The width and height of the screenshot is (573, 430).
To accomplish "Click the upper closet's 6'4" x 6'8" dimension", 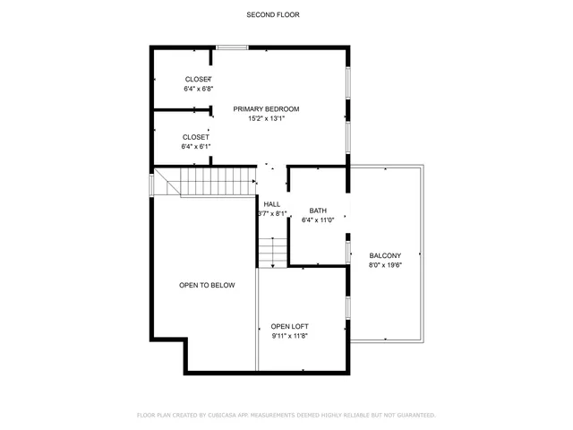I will point(198,89).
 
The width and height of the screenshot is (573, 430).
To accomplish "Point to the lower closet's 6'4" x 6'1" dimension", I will point(195,146).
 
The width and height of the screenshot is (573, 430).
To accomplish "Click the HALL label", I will point(272,204).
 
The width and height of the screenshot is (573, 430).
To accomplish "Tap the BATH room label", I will point(318,211).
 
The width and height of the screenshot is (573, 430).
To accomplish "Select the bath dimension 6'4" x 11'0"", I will point(318,219).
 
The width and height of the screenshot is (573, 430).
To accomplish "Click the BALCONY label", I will point(385,255).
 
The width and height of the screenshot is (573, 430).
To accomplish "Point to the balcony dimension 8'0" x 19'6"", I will point(385,264).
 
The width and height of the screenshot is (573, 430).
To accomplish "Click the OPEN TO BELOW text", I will point(207,285).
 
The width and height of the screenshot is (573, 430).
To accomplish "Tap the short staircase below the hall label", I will point(272,253).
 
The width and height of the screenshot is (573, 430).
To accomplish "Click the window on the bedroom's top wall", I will point(232,47).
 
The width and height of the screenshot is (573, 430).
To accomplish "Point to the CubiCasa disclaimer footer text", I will point(286,415).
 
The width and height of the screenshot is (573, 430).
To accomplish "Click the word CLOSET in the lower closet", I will point(195,137).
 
